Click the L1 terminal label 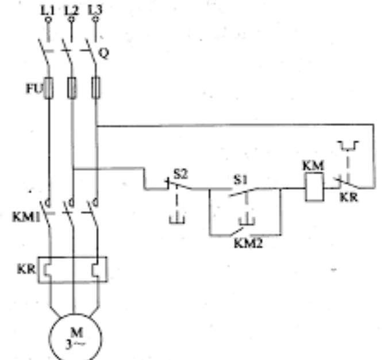[x=48, y=9]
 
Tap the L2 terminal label [x=71, y=9]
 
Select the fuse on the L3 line [x=95, y=89]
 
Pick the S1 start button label [x=239, y=179]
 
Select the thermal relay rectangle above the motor [x=73, y=270]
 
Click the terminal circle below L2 [x=71, y=20]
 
